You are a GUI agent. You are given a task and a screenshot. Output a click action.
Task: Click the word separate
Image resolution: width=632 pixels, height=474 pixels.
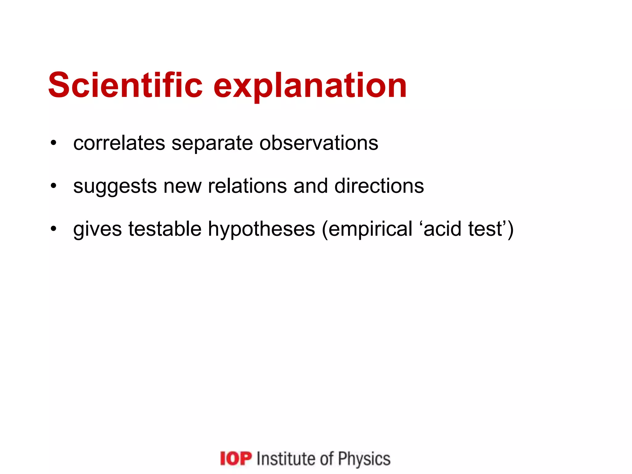212,143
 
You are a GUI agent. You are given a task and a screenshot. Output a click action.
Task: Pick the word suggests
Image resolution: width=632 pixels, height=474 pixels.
115,186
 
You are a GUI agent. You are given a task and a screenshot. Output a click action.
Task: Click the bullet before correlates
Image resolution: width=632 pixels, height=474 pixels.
54,143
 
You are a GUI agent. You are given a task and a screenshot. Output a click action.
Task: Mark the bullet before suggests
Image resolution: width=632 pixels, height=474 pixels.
54,186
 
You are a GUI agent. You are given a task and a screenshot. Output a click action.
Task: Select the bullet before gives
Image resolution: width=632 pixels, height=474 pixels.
54,229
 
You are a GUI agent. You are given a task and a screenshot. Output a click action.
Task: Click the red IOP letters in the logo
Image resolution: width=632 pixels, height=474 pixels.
236,459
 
